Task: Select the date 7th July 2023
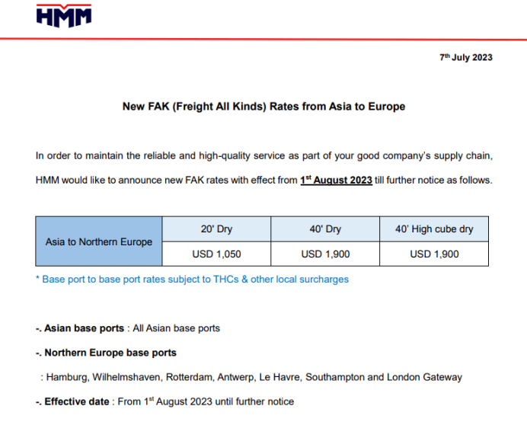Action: point(466,58)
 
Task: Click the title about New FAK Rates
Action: point(263,107)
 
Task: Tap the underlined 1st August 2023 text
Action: point(336,180)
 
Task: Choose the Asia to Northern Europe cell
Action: point(99,241)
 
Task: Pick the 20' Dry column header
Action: point(217,228)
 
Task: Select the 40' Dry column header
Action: point(325,228)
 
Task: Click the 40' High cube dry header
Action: point(434,228)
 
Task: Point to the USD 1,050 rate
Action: point(217,254)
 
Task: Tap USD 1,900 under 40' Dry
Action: point(325,254)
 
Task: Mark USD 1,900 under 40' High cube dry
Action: point(434,254)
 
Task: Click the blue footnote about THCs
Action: point(192,280)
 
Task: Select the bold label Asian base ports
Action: point(84,328)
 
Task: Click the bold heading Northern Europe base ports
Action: point(110,353)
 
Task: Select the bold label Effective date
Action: point(77,401)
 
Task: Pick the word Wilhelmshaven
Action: point(123,377)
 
